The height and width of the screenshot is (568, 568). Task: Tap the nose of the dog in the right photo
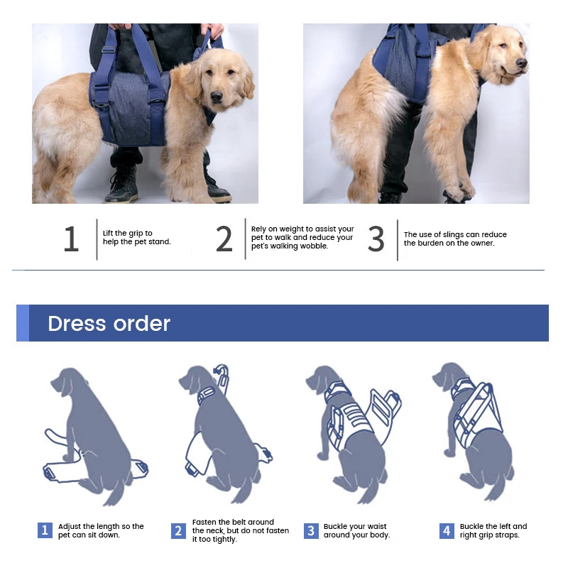pos(522,63)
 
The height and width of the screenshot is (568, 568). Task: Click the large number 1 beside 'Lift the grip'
pos(70,240)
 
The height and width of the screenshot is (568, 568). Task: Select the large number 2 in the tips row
pos(224,240)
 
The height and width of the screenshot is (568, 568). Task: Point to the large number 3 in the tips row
pos(376,240)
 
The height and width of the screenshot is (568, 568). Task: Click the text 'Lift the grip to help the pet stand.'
pos(137,238)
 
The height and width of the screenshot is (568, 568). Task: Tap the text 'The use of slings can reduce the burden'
pos(455,239)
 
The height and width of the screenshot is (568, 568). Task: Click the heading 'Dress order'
pos(109,324)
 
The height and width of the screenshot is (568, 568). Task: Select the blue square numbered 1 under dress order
pos(45,530)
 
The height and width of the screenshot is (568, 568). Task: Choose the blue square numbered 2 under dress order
pos(178,530)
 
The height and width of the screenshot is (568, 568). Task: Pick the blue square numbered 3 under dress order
pos(311,530)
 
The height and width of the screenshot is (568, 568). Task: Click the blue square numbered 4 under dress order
pos(446,530)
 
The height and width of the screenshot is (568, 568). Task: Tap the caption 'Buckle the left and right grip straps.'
pos(493,530)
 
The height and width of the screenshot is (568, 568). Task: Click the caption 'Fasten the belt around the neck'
pos(240,530)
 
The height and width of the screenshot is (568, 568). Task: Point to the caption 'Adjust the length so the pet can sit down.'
pos(101,530)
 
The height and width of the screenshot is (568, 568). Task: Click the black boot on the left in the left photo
pos(124,186)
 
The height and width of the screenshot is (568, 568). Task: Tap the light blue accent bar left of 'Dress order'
pos(23,324)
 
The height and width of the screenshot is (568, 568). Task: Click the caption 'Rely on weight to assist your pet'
pos(302,238)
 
